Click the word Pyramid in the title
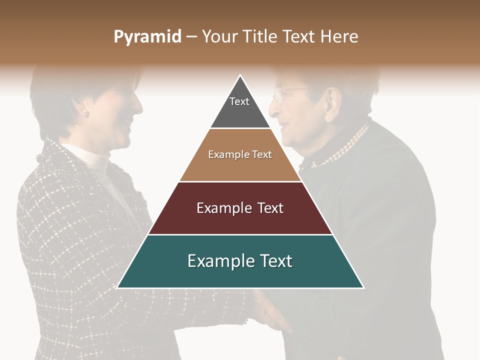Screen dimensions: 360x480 147,37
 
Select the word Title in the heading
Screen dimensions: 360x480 262,37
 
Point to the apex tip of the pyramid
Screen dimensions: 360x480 240,76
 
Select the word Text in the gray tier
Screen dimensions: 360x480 239,101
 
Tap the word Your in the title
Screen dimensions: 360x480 219,37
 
